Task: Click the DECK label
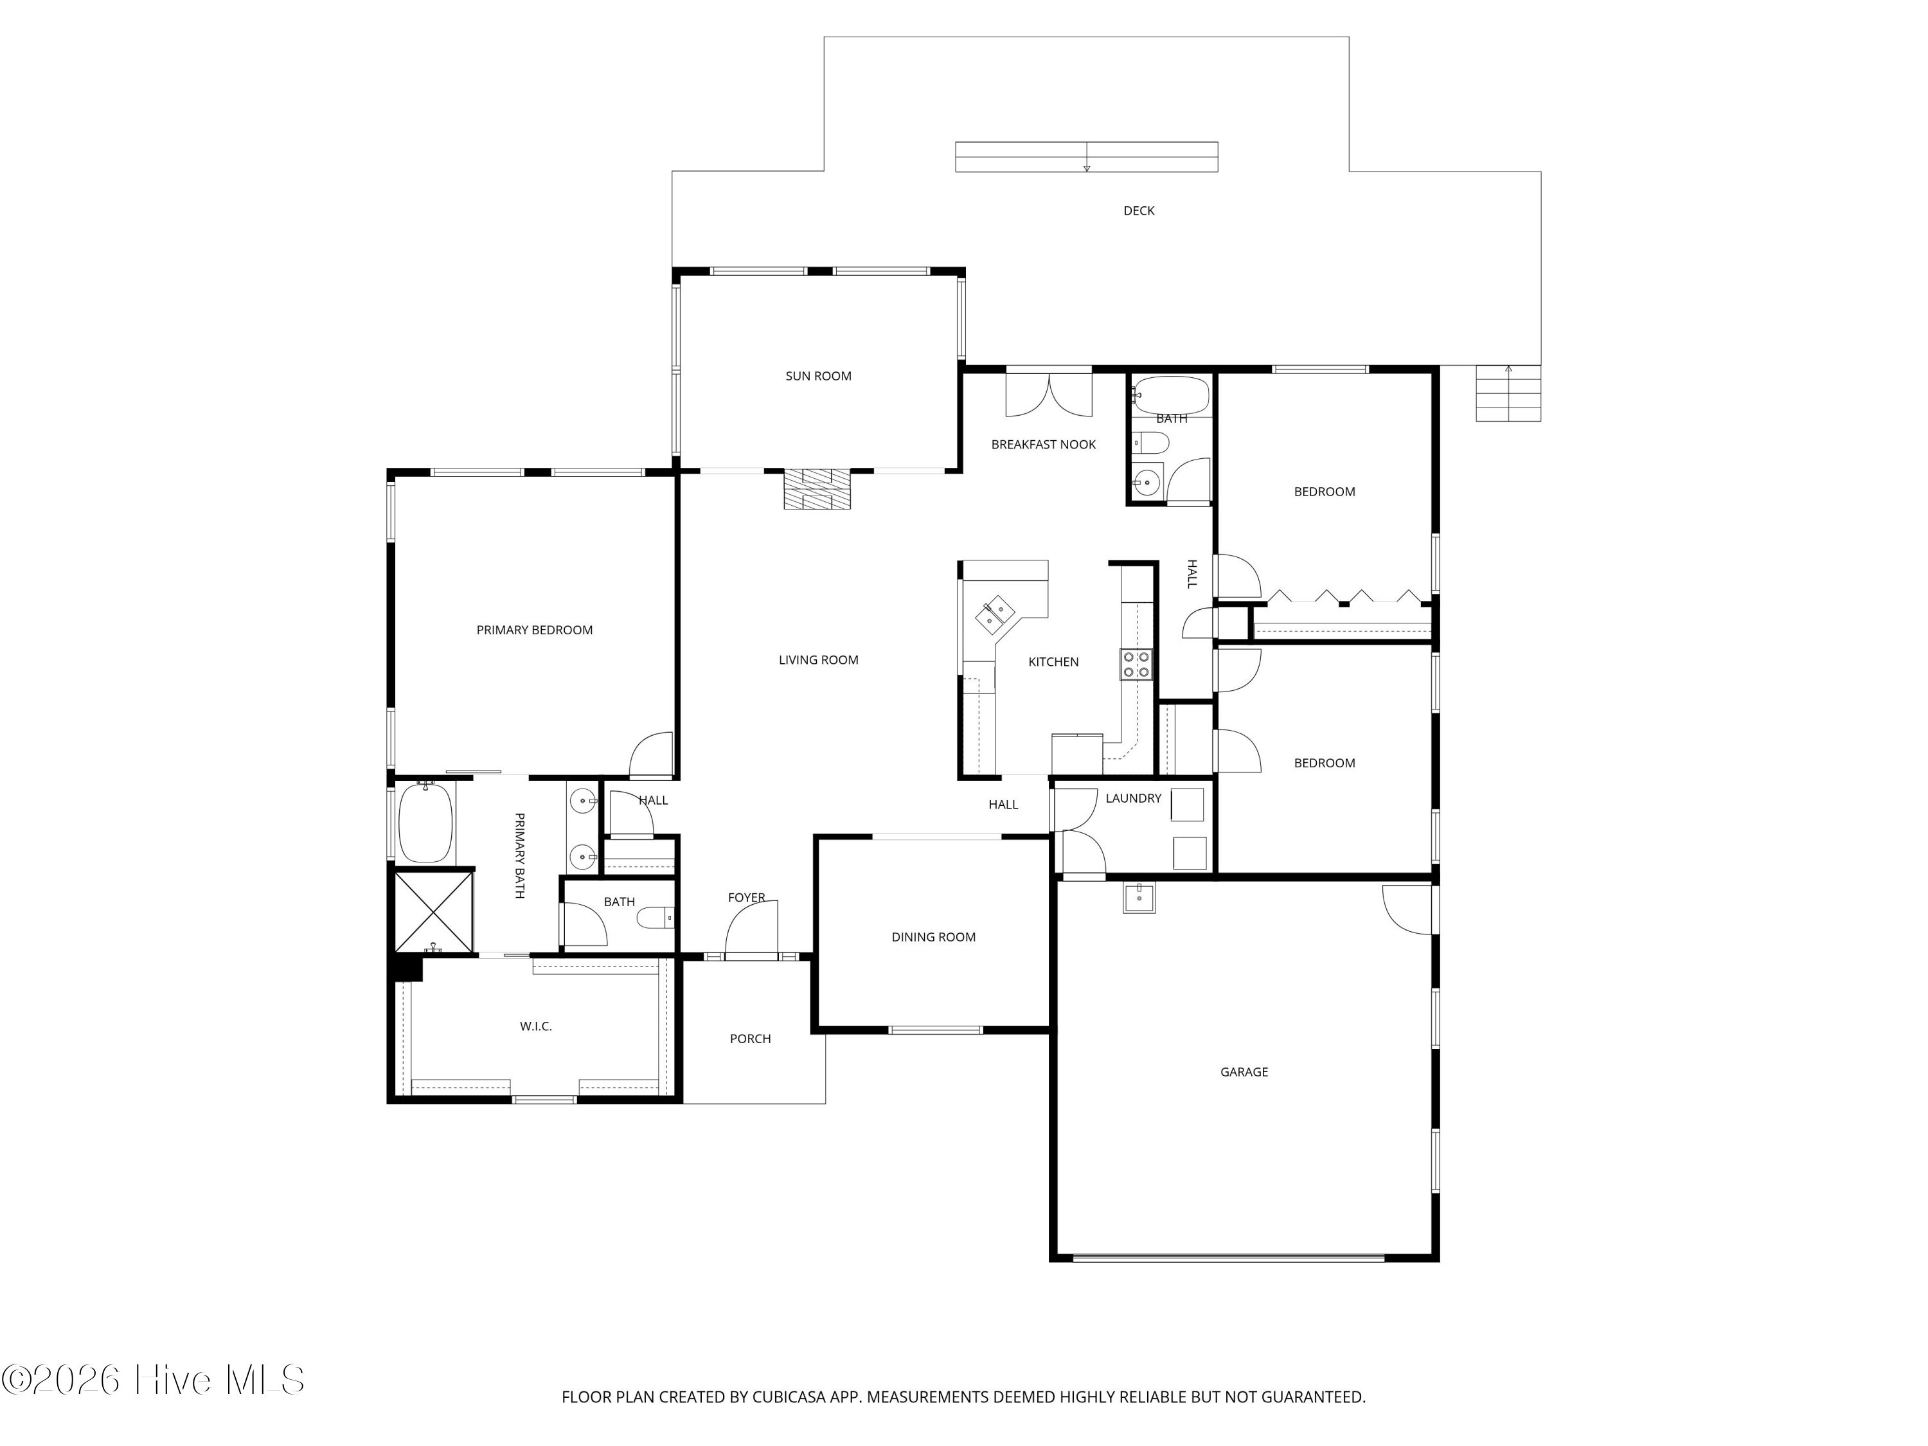(x=1138, y=211)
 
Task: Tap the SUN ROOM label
(x=819, y=377)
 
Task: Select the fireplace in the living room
(x=817, y=489)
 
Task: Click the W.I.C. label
(x=536, y=1027)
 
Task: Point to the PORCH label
(x=751, y=1039)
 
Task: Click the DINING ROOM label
(x=934, y=938)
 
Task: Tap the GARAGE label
(x=1244, y=1072)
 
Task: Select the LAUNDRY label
(x=1133, y=798)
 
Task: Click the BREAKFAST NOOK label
(x=1043, y=445)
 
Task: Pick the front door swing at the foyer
(x=751, y=929)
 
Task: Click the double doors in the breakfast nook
(x=1049, y=395)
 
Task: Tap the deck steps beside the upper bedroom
(x=1508, y=393)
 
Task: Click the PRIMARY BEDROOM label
(x=534, y=630)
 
